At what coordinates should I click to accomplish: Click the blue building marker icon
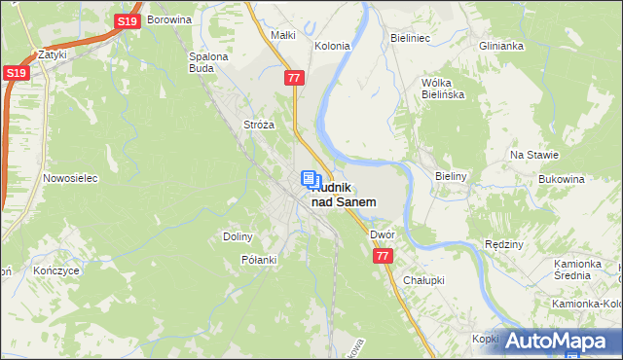pyautogui.click(x=309, y=179)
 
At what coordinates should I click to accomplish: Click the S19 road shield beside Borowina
pyautogui.click(x=126, y=20)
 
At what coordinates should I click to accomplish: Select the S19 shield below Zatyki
pyautogui.click(x=14, y=73)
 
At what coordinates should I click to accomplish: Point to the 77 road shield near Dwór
pyautogui.click(x=382, y=255)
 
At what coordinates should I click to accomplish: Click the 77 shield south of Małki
pyautogui.click(x=294, y=76)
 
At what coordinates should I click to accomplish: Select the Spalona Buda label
pyautogui.click(x=208, y=62)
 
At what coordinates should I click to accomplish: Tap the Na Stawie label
pyautogui.click(x=533, y=155)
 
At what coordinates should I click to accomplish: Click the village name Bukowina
pyautogui.click(x=561, y=180)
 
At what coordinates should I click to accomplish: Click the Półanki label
pyautogui.click(x=259, y=260)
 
